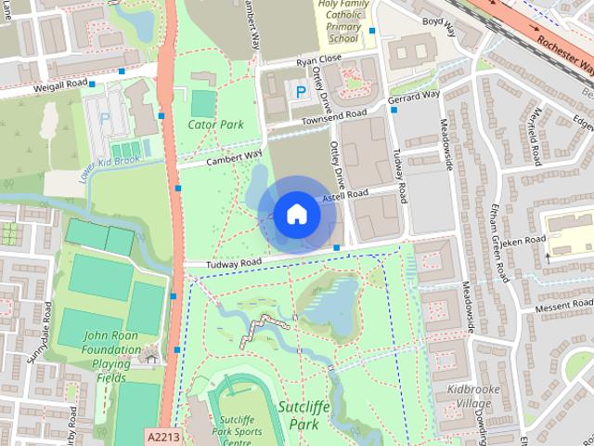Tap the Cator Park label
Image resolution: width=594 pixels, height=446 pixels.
[214, 124]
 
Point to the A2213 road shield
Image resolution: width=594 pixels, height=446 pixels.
[161, 435]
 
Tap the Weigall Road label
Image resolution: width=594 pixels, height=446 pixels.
[61, 85]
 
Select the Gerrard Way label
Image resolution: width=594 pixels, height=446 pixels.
[414, 97]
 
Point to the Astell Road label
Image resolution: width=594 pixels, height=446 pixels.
[345, 196]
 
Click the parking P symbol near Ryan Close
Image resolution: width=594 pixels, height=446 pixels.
[299, 91]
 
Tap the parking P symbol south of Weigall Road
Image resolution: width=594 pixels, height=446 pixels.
[105, 118]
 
